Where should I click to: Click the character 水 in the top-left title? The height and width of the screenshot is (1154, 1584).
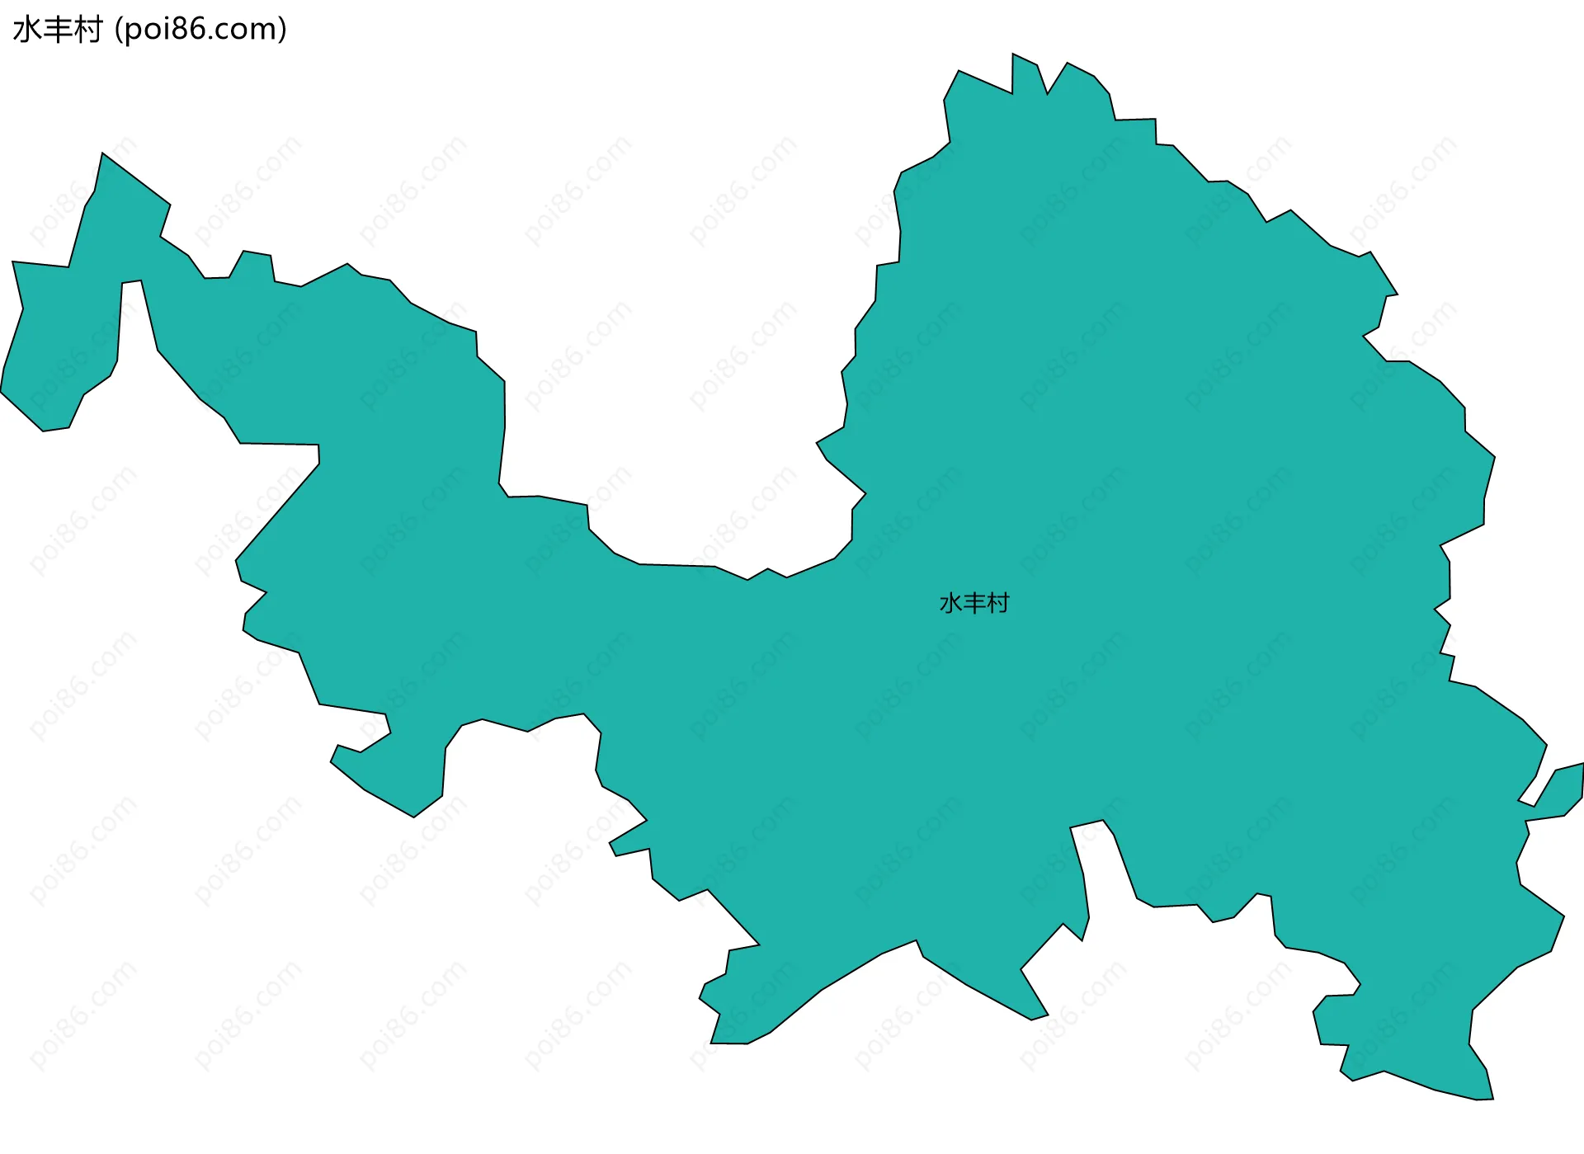(26, 30)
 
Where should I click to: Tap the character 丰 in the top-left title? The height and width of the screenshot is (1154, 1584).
(57, 30)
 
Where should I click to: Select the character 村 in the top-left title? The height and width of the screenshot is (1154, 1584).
(87, 30)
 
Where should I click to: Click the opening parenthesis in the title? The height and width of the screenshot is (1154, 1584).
(119, 30)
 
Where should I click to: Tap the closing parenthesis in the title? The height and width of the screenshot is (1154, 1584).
(283, 30)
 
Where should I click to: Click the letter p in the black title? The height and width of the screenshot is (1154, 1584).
(133, 31)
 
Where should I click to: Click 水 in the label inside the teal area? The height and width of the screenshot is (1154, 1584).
(950, 604)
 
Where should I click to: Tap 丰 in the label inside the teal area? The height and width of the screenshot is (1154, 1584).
(974, 604)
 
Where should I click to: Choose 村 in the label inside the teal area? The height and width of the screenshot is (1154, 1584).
(998, 604)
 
